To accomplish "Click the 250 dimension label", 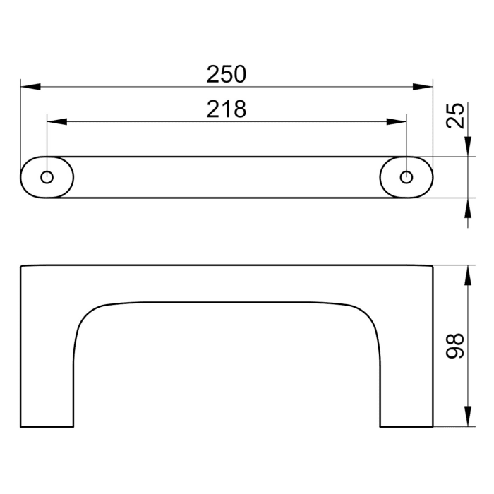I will click(226, 73).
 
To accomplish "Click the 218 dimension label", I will click(226, 109).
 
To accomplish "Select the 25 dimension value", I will click(457, 115).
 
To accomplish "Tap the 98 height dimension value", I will click(457, 347).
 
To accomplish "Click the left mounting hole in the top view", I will click(47, 177).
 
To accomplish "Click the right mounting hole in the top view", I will click(406, 177).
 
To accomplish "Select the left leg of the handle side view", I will click(47, 367).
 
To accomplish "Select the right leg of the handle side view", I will click(406, 367).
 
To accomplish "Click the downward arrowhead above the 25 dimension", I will click(467, 147).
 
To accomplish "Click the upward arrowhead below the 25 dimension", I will click(467, 207).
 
